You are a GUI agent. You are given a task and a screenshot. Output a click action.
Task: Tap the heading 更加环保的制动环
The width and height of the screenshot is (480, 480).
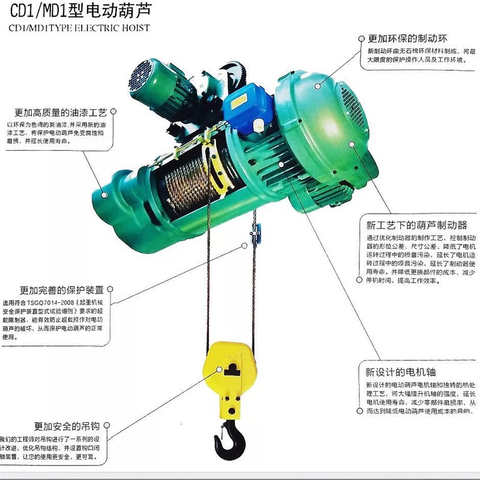[408, 38]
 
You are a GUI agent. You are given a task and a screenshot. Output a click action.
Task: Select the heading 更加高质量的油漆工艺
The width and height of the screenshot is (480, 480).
[60, 112]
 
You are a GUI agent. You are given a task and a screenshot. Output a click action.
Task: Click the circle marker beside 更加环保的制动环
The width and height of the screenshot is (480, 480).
[361, 38]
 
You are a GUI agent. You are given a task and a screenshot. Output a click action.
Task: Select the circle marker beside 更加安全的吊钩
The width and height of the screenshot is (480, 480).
[115, 427]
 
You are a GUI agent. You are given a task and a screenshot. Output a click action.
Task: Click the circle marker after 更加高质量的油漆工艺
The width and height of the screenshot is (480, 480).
[113, 112]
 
